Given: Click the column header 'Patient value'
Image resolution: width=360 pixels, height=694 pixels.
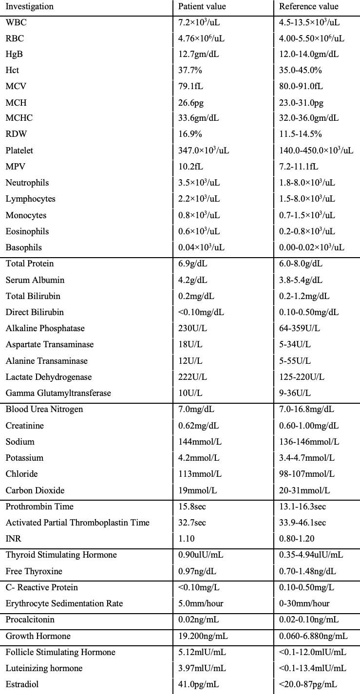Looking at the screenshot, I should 202,7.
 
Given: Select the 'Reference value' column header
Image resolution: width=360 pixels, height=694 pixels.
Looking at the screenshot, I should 308,7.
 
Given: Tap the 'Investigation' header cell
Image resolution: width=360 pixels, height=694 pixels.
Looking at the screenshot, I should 30,7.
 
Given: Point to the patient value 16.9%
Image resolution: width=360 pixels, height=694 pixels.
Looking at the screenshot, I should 190,134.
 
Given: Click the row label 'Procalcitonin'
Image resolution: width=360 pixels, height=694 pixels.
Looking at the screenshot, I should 30,619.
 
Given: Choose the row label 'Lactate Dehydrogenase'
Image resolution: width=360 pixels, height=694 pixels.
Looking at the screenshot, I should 49,377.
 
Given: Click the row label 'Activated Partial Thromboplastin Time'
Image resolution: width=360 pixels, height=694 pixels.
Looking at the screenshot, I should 77,523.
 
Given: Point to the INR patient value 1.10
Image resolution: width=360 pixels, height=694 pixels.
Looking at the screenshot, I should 187,539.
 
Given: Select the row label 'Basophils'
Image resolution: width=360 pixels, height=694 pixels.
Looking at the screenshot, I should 24,247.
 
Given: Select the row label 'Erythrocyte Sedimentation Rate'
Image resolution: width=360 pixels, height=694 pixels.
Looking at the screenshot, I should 64,603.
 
